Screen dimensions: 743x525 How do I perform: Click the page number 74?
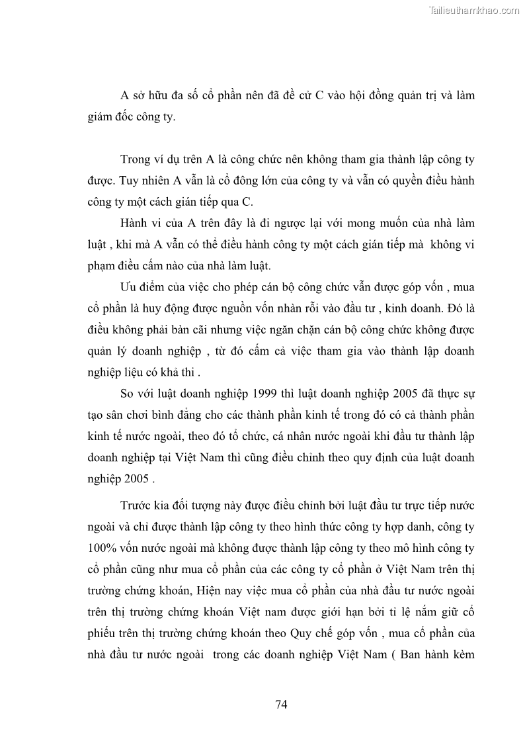pyautogui.click(x=281, y=704)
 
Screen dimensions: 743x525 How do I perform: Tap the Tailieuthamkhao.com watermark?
pyautogui.click(x=475, y=10)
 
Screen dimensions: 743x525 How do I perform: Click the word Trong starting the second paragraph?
pyautogui.click(x=136, y=159)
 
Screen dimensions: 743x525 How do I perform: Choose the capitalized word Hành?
pyautogui.click(x=136, y=223)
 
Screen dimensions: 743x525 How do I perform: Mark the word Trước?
pyautogui.click(x=137, y=506)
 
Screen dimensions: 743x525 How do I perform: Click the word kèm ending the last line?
pyautogui.click(x=462, y=654)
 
